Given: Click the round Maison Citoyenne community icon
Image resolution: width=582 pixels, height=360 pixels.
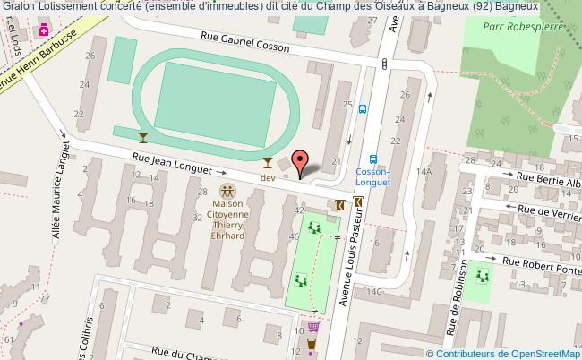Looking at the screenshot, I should [x=227, y=190].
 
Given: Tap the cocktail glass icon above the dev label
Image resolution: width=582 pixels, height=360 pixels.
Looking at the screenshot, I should [x=266, y=163].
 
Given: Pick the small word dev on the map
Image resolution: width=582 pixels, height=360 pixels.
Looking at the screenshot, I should [x=267, y=177].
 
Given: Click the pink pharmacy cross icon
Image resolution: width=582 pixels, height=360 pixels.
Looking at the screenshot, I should [x=42, y=30].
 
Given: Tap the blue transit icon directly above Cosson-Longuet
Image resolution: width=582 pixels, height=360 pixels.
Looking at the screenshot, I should [x=373, y=161].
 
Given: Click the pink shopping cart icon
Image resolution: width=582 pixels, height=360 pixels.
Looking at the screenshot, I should [x=312, y=328].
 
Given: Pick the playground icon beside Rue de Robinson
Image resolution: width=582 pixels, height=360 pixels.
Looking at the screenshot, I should [x=483, y=273].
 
